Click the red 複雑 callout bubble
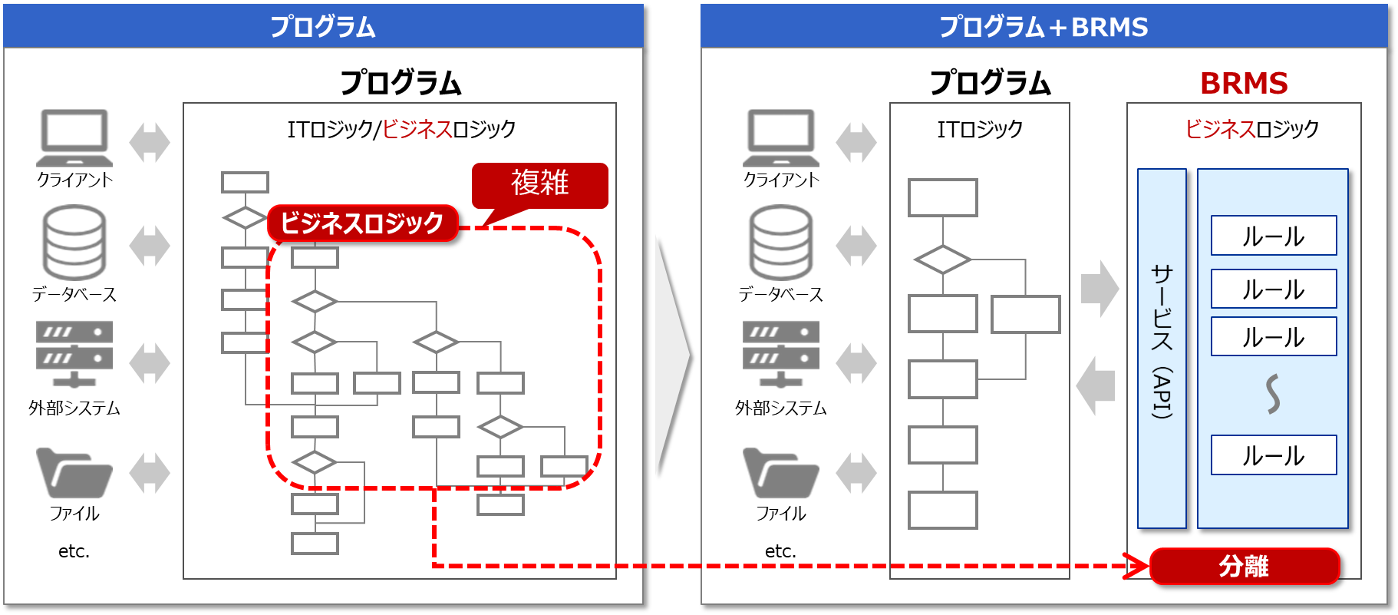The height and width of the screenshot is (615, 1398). coord(539,184)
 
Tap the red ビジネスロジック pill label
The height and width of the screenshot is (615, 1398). coord(362,223)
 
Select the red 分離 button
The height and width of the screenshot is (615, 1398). coord(1244,567)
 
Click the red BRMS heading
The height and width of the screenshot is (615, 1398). coord(1244,83)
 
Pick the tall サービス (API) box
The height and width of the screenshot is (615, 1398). coord(1162,349)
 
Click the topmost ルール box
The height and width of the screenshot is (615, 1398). coord(1274,236)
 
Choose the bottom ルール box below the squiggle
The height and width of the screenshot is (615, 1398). coord(1274,455)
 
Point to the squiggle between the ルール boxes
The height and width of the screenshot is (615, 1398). coord(1274,394)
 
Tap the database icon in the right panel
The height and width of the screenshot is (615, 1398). coord(781,242)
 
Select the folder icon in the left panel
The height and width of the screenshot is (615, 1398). coord(74,473)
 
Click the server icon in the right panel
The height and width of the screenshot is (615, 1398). coord(781,354)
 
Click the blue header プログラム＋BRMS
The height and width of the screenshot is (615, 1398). coord(1044,27)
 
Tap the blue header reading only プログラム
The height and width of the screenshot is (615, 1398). coord(323,27)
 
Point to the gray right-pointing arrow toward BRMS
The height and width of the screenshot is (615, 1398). coord(1100,289)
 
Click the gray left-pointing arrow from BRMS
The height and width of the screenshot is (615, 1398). coord(1096,385)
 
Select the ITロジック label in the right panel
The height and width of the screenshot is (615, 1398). coord(980,129)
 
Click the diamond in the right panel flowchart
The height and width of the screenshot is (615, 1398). coord(943,260)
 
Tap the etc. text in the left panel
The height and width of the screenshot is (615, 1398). coord(74,551)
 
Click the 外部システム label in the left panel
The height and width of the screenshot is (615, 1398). coord(74,408)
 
